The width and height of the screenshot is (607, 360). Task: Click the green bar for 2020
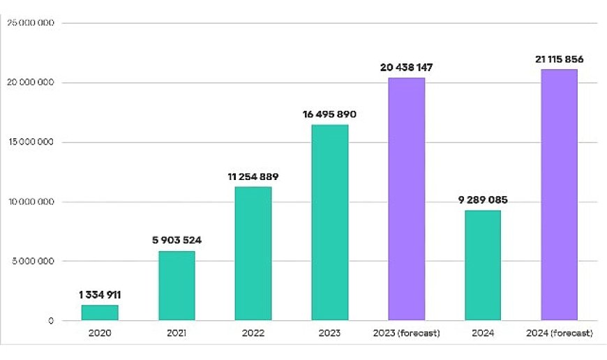pyautogui.click(x=100, y=313)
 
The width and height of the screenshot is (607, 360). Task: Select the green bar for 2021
pyautogui.click(x=177, y=286)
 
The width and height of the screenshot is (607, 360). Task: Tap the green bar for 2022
pyautogui.click(x=253, y=254)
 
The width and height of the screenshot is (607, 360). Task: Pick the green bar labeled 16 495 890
pyautogui.click(x=330, y=223)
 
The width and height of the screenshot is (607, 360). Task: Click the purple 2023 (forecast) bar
pyautogui.click(x=406, y=200)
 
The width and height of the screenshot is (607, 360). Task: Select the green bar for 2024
pyautogui.click(x=483, y=265)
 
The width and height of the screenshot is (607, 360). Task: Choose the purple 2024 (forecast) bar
pyautogui.click(x=560, y=195)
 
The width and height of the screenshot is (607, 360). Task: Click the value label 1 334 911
pyautogui.click(x=100, y=295)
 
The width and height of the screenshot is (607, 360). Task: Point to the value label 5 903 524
pyautogui.click(x=177, y=241)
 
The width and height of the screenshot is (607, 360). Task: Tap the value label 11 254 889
pyautogui.click(x=253, y=177)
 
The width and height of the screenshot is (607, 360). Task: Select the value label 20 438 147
pyautogui.click(x=406, y=68)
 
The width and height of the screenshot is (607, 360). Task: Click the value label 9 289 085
pyautogui.click(x=483, y=200)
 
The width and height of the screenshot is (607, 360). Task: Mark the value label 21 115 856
pyautogui.click(x=560, y=59)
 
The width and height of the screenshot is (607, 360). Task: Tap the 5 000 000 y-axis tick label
pyautogui.click(x=32, y=262)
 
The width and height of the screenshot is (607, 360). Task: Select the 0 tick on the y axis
pyautogui.click(x=50, y=321)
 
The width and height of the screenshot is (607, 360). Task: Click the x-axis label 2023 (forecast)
pyautogui.click(x=406, y=333)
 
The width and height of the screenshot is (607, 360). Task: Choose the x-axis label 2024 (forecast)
pyautogui.click(x=560, y=333)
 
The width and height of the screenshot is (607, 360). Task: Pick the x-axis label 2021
pyautogui.click(x=177, y=333)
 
